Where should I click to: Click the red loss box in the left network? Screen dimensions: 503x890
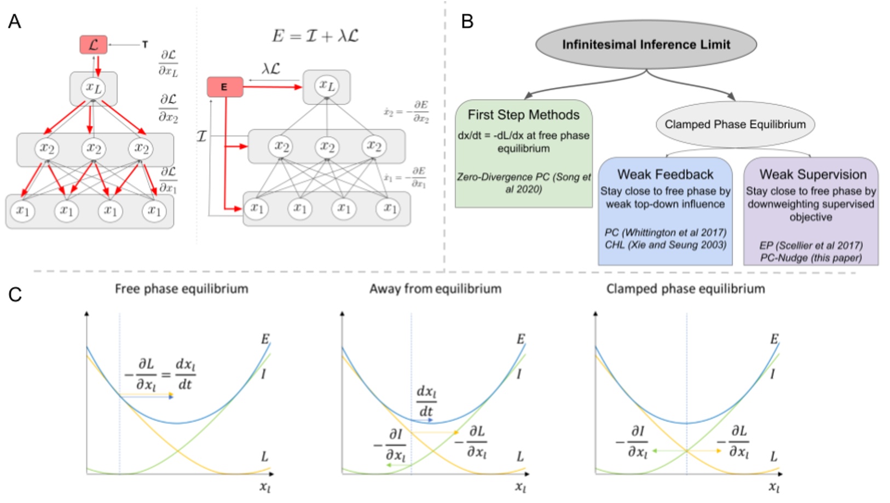point(93,45)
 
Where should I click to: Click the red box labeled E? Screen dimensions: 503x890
point(224,87)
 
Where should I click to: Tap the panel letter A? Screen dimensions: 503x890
point(15,21)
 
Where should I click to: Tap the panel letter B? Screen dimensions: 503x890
point(467,21)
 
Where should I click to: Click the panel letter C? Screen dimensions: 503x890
point(15,294)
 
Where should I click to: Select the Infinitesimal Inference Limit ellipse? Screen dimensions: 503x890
point(646,45)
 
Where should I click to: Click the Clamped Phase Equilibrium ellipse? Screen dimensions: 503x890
point(735,124)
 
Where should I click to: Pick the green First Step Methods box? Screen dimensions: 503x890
point(523,153)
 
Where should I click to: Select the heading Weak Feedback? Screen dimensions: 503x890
point(665,174)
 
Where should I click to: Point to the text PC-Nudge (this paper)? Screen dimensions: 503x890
point(811,258)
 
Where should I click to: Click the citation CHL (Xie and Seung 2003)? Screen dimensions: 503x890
point(665,245)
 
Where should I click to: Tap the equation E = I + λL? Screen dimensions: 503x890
point(315,36)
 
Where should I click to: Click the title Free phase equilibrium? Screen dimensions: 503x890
point(181,288)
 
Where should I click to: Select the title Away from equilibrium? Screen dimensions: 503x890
point(435,288)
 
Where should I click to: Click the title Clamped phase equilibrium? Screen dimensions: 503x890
point(685,288)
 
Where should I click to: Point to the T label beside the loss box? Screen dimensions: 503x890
point(145,45)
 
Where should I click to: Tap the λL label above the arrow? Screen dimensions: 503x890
point(271,69)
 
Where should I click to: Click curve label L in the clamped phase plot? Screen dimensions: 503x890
point(773,456)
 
